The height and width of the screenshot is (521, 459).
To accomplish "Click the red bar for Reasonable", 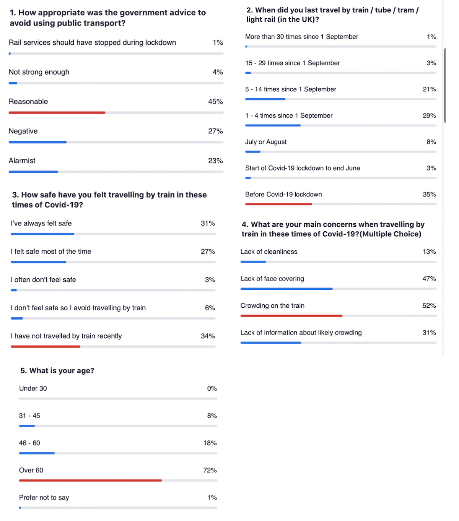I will click(x=57, y=113).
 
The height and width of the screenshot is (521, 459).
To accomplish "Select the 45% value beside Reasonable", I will click(x=215, y=102).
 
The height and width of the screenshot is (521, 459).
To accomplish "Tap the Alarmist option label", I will click(x=22, y=161).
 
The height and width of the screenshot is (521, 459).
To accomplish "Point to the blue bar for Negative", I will click(x=37, y=142).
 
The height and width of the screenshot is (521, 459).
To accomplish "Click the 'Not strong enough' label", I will click(x=39, y=72).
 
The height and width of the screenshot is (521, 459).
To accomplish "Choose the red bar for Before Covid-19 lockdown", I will click(x=278, y=204).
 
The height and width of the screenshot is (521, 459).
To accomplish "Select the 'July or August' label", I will click(x=266, y=142).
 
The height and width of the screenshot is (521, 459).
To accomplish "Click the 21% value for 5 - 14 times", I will click(x=429, y=89).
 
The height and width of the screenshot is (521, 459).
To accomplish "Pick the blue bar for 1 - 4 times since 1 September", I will click(x=273, y=125).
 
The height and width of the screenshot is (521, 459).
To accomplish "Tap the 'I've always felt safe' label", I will click(x=41, y=223).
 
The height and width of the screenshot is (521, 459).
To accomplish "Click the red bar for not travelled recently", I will click(x=46, y=346).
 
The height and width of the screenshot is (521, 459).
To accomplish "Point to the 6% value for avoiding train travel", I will click(x=210, y=308).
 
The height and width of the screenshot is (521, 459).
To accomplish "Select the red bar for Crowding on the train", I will click(x=291, y=316).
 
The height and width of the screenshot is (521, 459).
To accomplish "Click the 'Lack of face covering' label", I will click(x=272, y=279).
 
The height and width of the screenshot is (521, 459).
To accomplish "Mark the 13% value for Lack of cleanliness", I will click(x=429, y=252).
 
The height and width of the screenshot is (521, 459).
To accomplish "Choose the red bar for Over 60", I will click(x=90, y=480).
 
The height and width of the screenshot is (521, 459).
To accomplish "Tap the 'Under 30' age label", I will click(x=33, y=388).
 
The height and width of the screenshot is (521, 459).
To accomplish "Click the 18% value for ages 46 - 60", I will click(x=210, y=443).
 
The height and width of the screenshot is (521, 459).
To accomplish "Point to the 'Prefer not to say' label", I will click(x=44, y=498).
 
